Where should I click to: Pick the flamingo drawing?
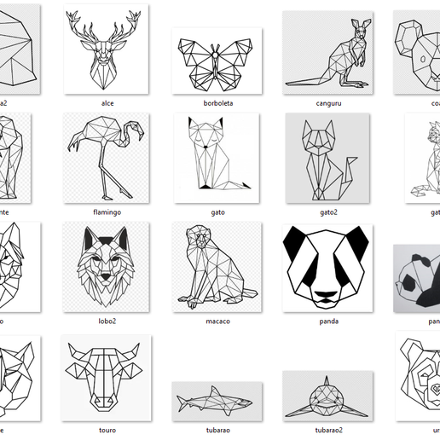tap(107, 157)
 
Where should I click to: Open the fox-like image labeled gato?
tap(217, 157)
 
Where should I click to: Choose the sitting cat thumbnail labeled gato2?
tap(327, 157)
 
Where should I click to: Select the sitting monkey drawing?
tap(217, 266)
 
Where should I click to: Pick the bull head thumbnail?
tap(107, 375)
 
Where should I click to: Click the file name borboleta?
tap(217, 103)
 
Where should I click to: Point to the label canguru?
tap(327, 103)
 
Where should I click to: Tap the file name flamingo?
tap(107, 211)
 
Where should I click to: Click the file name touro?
tap(107, 431)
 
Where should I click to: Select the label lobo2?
tap(107, 321)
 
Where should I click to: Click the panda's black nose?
tap(327, 298)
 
